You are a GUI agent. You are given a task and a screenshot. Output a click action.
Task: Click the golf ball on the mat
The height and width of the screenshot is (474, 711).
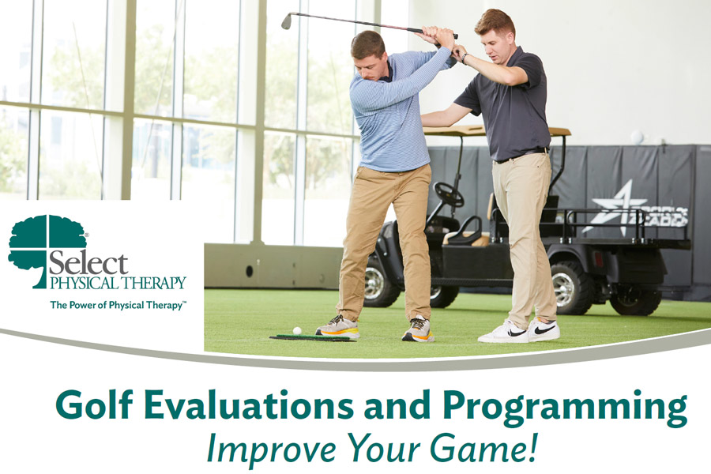click(x=297, y=331)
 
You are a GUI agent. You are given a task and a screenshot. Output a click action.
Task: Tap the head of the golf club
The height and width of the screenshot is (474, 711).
click(x=287, y=21)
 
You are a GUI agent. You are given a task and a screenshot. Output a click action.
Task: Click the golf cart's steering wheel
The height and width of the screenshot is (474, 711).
click(x=449, y=194)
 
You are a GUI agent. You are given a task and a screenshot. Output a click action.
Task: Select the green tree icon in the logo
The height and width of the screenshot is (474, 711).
click(x=47, y=251)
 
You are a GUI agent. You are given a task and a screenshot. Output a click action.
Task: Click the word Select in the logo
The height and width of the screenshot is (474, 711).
click(x=88, y=262)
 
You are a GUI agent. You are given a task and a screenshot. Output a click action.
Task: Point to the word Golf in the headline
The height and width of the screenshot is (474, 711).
click(x=90, y=404)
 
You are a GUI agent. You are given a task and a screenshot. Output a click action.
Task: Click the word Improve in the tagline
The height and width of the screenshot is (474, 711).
click(x=271, y=449)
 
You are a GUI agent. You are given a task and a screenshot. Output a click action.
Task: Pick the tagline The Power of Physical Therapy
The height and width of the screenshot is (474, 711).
click(x=117, y=305)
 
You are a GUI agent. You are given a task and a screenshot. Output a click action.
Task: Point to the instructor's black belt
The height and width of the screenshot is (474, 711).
click(x=521, y=156)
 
